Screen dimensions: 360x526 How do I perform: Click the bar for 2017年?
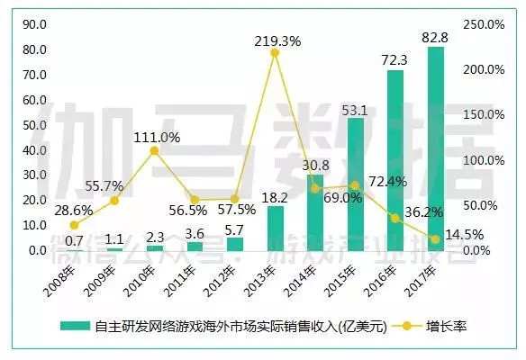pyautogui.click(x=435, y=148)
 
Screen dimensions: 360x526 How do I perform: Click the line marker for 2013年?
pyautogui.click(x=275, y=53)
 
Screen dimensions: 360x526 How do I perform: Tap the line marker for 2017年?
pyautogui.click(x=435, y=239)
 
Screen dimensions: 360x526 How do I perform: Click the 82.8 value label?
pyautogui.click(x=435, y=36)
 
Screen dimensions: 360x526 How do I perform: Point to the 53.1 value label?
pyautogui.click(x=355, y=111)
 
